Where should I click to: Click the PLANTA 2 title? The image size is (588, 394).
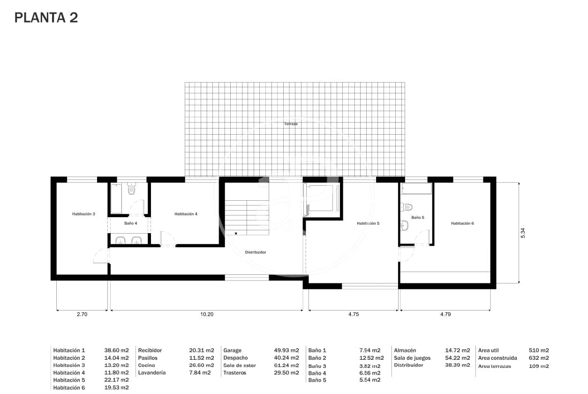[x=46, y=18]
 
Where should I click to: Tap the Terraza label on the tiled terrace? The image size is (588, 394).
[x=291, y=124]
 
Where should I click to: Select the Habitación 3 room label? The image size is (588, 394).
[x=83, y=214]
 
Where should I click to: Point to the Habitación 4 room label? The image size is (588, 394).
[x=186, y=214]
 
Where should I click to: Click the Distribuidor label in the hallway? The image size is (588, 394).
[x=256, y=252]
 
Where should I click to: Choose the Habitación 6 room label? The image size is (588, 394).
[x=462, y=223]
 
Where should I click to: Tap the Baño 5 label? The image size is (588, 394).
[x=418, y=218]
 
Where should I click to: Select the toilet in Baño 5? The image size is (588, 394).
[x=407, y=207]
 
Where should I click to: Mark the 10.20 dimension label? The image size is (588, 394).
[x=207, y=315]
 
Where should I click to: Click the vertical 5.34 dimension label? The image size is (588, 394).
[x=523, y=233]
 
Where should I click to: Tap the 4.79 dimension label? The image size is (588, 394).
[x=445, y=315]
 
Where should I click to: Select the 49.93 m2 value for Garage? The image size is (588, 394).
[x=286, y=350]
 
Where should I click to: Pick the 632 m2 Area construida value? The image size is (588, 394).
[x=539, y=358]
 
